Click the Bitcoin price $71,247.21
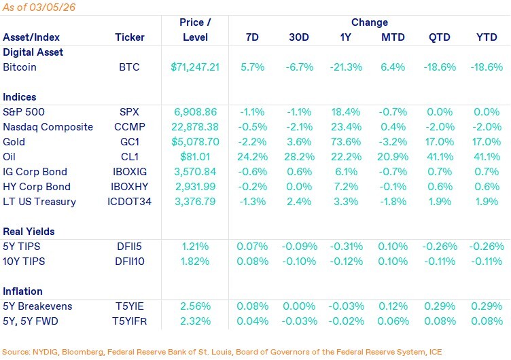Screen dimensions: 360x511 pos(196,67)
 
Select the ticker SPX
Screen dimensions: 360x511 pos(129,112)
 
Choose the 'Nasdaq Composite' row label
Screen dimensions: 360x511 pos(44,127)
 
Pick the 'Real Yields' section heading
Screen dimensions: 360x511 pos(29,232)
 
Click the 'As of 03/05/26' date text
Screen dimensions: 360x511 pos(38,8)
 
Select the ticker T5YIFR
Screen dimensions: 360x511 pos(129,321)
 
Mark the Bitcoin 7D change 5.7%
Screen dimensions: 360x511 pos(252,67)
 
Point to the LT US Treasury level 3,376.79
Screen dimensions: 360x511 pos(196,202)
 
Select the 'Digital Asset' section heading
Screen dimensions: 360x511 pos(33,52)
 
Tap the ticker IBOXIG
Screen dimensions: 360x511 pos(129,172)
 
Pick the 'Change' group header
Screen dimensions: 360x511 pos(370,22)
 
